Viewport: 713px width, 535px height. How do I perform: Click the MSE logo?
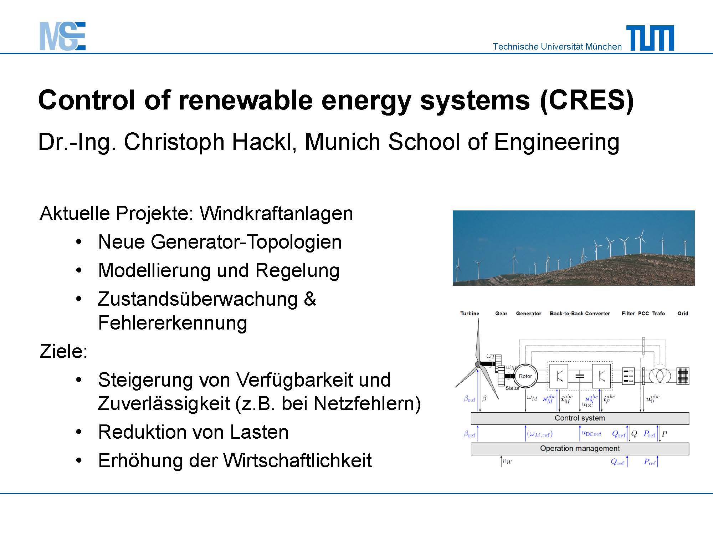[62, 36]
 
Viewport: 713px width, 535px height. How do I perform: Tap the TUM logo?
[650, 38]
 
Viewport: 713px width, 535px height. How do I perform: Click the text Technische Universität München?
[557, 46]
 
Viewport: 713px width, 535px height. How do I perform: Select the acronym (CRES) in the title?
[587, 100]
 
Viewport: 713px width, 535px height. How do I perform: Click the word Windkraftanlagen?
[276, 213]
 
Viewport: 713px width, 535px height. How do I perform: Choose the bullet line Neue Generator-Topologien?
[220, 242]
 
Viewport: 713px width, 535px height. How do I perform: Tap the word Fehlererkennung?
[173, 323]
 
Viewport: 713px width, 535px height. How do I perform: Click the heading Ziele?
[63, 351]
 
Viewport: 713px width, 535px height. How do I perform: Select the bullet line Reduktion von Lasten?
[193, 432]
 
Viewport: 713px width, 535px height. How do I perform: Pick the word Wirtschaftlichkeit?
[298, 460]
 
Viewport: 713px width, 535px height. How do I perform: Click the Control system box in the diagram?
[580, 418]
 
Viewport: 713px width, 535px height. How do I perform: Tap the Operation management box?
[580, 448]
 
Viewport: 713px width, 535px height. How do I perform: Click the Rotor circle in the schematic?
[525, 376]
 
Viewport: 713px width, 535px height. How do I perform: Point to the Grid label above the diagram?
[683, 314]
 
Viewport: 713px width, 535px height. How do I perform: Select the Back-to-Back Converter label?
[580, 314]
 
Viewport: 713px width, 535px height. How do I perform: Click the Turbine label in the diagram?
[470, 314]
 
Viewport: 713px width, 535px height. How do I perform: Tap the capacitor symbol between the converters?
[580, 376]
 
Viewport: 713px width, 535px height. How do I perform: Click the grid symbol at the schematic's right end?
[683, 376]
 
